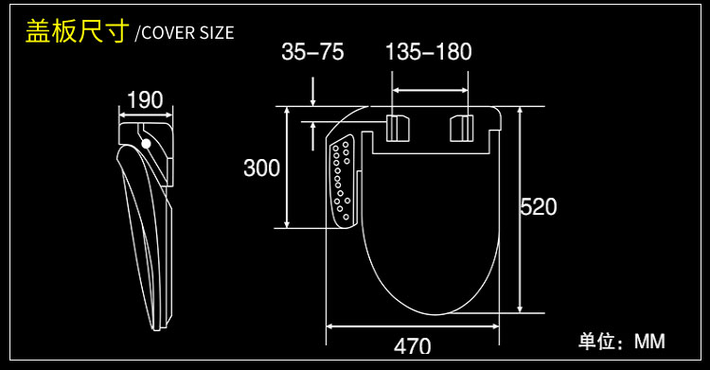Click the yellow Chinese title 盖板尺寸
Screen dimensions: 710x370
point(77,31)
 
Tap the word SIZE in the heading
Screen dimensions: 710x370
point(217,32)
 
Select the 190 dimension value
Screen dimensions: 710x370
point(145,100)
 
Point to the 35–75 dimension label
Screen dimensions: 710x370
point(312,52)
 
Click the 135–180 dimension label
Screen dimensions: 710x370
point(428,52)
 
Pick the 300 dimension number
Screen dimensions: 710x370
point(261,168)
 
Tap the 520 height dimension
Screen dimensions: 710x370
point(539,207)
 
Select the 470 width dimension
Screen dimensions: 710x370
point(412,346)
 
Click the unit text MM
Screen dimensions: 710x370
point(649,341)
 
